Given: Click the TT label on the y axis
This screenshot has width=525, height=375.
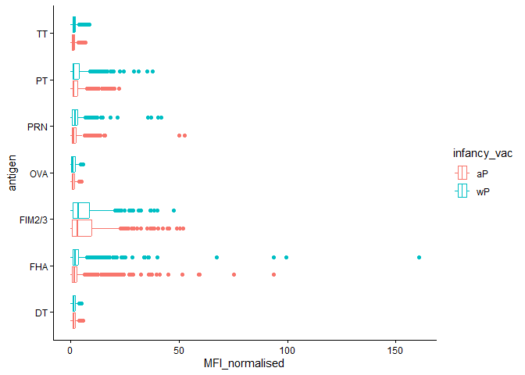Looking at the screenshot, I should point(41,34).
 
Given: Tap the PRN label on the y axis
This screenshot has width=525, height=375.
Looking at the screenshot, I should point(39,127).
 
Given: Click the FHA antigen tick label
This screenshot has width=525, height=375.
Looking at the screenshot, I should point(39,266).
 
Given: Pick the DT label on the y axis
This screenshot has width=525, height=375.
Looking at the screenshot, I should point(41,312).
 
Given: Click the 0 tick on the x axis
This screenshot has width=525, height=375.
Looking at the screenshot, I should point(70,351).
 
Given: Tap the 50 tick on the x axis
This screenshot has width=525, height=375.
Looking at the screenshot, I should point(179,351).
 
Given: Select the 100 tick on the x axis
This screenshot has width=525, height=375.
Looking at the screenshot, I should point(287,351).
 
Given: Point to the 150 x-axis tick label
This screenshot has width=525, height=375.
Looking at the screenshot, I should point(396,351).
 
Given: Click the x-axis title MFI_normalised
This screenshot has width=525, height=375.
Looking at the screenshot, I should point(245,365).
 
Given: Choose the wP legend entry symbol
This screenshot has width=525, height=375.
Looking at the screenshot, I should point(462,190).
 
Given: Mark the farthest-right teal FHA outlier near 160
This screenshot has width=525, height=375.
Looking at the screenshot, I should point(420,257).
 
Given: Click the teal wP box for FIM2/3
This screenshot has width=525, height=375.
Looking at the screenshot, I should point(80,210).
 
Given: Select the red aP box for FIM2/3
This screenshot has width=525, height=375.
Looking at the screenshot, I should point(82,228).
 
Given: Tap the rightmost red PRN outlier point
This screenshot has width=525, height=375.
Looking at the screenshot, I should point(184,135).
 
